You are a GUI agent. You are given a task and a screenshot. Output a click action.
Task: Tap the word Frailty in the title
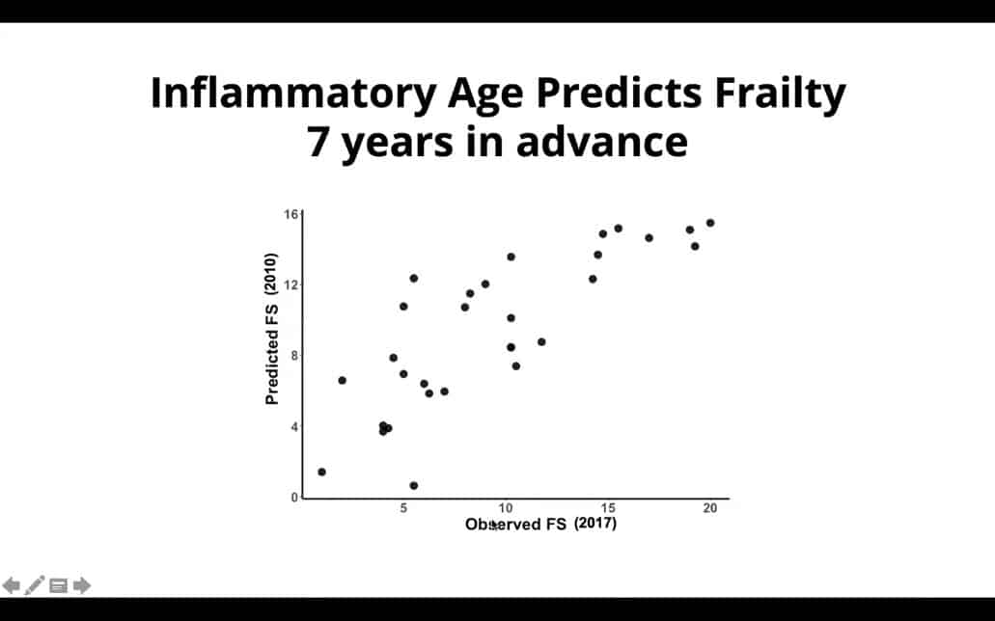tap(780, 94)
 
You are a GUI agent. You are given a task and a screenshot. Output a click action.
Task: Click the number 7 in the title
tap(318, 141)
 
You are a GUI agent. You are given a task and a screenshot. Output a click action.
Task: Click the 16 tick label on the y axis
tap(290, 214)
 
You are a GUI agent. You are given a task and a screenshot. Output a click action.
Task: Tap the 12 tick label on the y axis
tap(290, 284)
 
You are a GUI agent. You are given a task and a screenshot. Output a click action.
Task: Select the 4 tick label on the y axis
tap(294, 427)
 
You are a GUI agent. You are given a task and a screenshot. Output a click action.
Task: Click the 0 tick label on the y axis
tap(294, 498)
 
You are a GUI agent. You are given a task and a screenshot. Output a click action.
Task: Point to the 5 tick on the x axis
tap(403, 508)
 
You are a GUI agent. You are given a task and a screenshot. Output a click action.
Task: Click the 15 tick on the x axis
tap(608, 508)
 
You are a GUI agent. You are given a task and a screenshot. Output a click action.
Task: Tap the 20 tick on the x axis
tap(710, 508)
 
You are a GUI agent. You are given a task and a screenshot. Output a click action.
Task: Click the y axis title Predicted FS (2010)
tap(271, 329)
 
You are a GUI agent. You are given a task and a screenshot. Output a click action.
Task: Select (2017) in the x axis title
tap(595, 524)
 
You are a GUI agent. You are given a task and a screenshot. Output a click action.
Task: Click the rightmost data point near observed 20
tap(710, 223)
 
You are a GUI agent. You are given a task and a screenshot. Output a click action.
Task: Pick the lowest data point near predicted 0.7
tap(414, 486)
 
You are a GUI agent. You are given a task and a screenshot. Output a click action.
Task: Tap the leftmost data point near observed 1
tap(321, 472)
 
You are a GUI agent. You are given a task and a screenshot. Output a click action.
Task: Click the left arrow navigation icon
tap(11, 585)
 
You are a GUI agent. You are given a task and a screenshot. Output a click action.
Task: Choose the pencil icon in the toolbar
tap(35, 585)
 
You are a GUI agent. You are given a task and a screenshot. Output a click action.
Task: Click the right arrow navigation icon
tap(82, 585)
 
